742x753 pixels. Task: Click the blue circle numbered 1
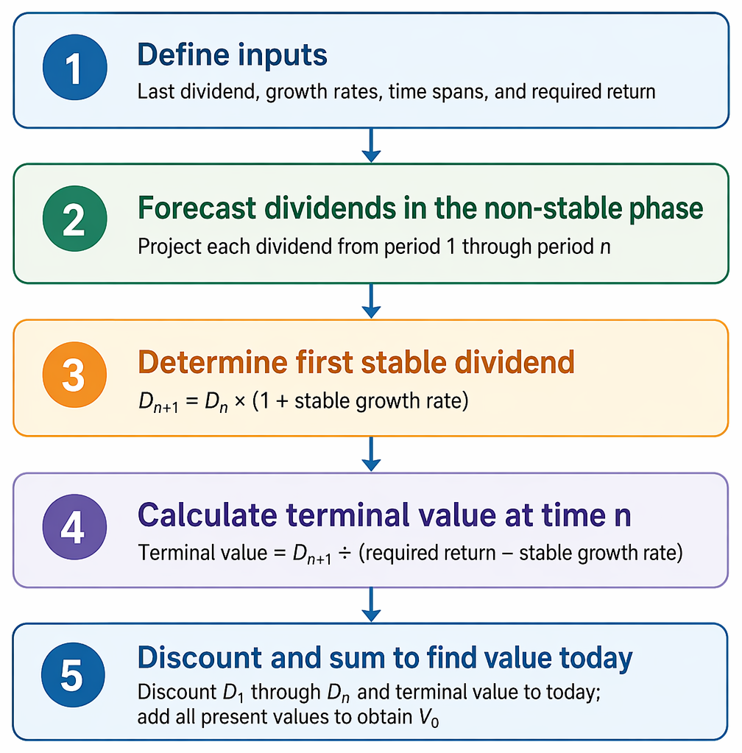74,67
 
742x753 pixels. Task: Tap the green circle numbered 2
74,219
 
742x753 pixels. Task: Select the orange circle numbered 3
74,375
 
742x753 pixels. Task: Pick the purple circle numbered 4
74,527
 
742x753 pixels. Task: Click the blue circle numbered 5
73,675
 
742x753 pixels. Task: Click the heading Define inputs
233,56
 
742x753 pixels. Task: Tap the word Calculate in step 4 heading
208,515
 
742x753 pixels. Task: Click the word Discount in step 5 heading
199,657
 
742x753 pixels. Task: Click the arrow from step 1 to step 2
371,145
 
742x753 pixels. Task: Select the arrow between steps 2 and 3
371,300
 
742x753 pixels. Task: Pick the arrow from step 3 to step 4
371,454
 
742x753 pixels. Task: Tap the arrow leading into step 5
371,604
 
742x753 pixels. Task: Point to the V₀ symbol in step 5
429,718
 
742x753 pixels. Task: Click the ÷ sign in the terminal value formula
344,554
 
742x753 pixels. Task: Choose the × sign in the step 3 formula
240,401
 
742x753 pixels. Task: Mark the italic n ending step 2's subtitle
605,248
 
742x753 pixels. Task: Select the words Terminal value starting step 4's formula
202,553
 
